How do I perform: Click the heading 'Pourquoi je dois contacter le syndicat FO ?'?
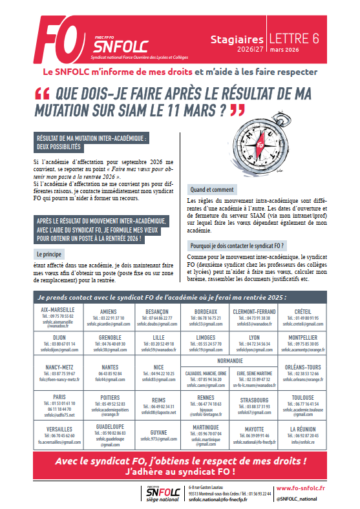point(237,246)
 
